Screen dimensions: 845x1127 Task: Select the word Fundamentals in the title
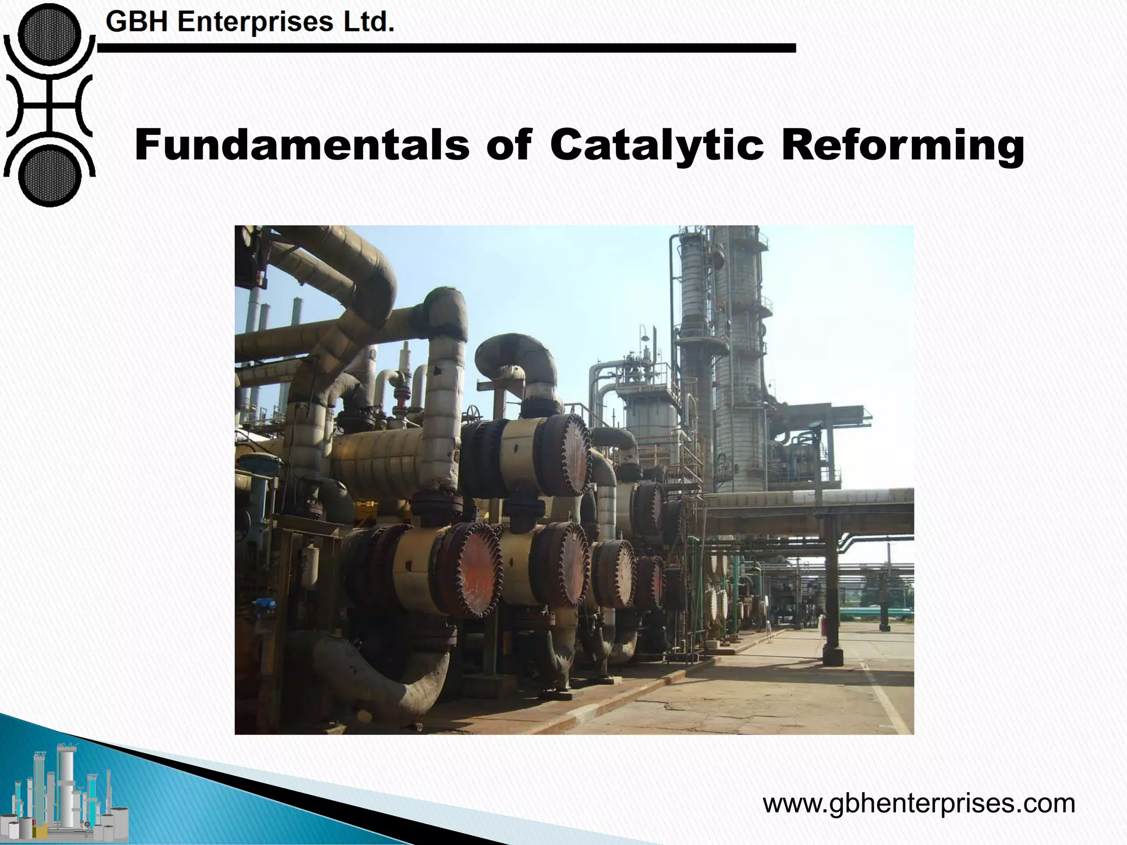pyautogui.click(x=302, y=145)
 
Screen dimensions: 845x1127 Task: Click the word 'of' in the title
pyautogui.click(x=509, y=145)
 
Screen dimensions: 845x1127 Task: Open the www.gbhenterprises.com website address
pyautogui.click(x=918, y=803)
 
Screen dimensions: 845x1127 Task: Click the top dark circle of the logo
pyautogui.click(x=49, y=34)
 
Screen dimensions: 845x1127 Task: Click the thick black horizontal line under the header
pyautogui.click(x=446, y=48)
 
